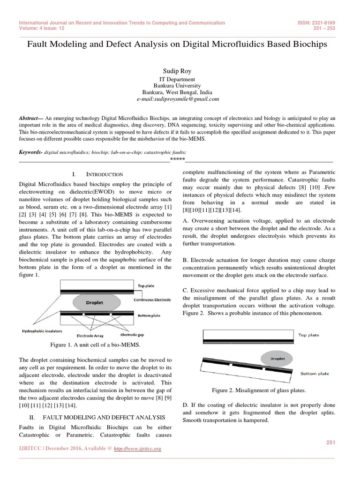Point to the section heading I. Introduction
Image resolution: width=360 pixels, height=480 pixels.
tap(98, 174)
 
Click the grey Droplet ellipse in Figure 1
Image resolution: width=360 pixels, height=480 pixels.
tap(95, 303)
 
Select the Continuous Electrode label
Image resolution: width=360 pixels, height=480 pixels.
tap(152, 300)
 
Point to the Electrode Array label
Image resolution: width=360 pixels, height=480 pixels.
tap(91, 335)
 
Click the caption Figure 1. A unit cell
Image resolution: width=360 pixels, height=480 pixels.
tap(98, 345)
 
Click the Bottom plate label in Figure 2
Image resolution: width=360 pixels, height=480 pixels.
tap(315, 374)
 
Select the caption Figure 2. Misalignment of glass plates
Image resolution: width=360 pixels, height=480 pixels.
tap(259, 390)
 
